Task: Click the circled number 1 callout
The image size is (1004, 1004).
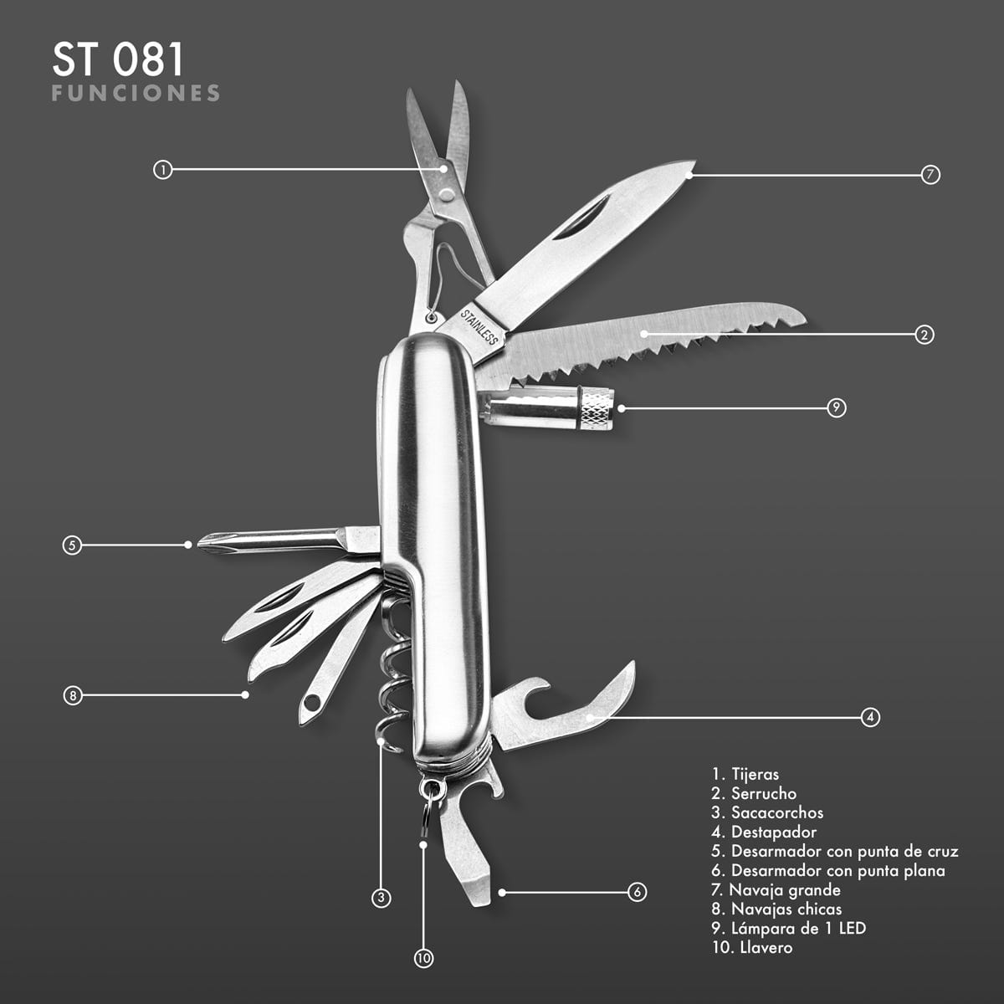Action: [x=162, y=170]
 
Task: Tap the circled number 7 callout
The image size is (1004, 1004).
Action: [x=930, y=175]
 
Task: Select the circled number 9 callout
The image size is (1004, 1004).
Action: [x=836, y=407]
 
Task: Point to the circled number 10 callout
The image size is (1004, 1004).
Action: [x=423, y=958]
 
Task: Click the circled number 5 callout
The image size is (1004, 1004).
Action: [x=72, y=545]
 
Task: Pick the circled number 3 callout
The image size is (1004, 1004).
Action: [x=381, y=898]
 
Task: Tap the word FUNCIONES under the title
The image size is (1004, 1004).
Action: [x=136, y=93]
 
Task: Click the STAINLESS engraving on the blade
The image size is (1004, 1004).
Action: [x=479, y=326]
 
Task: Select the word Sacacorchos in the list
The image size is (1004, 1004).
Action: [x=777, y=812]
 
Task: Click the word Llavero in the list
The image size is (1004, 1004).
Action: [x=766, y=946]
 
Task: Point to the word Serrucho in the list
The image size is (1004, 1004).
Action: [x=764, y=793]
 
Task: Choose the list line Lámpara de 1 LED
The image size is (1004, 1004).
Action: [x=788, y=927]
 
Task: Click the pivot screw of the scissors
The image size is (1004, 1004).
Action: [x=447, y=195]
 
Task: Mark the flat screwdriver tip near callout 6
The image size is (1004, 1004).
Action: [x=478, y=893]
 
